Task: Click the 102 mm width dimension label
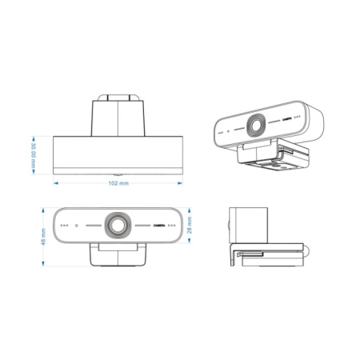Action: (118, 183)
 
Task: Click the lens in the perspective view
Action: (258, 124)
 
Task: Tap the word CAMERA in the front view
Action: (163, 225)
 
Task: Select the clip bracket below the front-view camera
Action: (118, 254)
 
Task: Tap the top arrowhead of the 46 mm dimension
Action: (42, 210)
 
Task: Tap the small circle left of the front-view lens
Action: (75, 225)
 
